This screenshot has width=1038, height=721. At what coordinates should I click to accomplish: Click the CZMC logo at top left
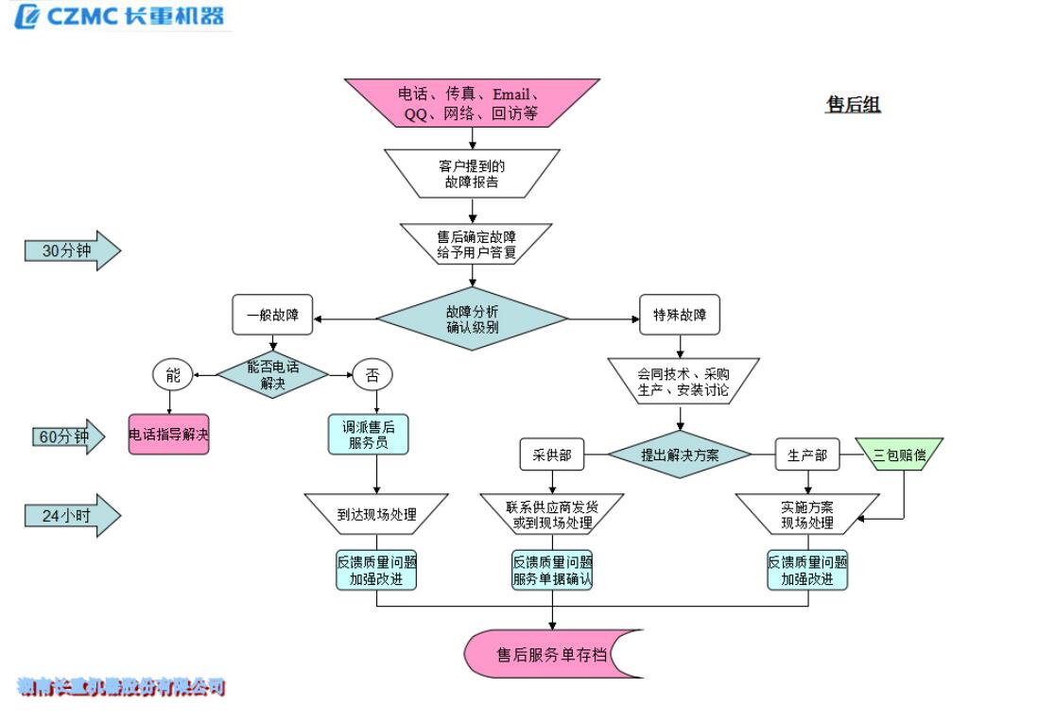pyautogui.click(x=119, y=16)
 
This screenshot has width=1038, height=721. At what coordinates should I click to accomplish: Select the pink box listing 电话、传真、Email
pyautogui.click(x=472, y=103)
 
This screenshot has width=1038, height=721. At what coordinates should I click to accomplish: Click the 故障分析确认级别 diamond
pyautogui.click(x=472, y=317)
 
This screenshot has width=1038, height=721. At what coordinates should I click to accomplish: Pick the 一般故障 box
pyautogui.click(x=272, y=316)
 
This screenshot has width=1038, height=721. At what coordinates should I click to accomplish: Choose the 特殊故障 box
pyautogui.click(x=679, y=316)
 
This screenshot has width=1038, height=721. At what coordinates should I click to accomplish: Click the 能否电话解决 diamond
pyautogui.click(x=272, y=374)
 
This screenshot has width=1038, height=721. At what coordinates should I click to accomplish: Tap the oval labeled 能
pyautogui.click(x=172, y=375)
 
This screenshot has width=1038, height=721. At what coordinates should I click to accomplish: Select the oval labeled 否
pyautogui.click(x=371, y=375)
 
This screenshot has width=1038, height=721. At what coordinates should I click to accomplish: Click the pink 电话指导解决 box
pyautogui.click(x=169, y=435)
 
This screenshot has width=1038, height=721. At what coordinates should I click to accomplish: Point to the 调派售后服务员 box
pyautogui.click(x=371, y=435)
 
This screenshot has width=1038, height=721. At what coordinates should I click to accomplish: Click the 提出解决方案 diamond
pyautogui.click(x=680, y=455)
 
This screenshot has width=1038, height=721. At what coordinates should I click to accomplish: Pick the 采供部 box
pyautogui.click(x=551, y=455)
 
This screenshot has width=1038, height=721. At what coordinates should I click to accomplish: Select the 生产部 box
pyautogui.click(x=807, y=455)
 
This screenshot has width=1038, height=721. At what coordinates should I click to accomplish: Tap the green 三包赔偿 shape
pyautogui.click(x=899, y=455)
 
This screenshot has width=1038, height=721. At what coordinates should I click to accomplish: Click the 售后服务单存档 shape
pyautogui.click(x=553, y=654)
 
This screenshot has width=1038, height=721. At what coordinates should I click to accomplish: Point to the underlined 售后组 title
pyautogui.click(x=853, y=105)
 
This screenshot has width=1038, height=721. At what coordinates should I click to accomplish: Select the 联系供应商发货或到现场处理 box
pyautogui.click(x=551, y=515)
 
